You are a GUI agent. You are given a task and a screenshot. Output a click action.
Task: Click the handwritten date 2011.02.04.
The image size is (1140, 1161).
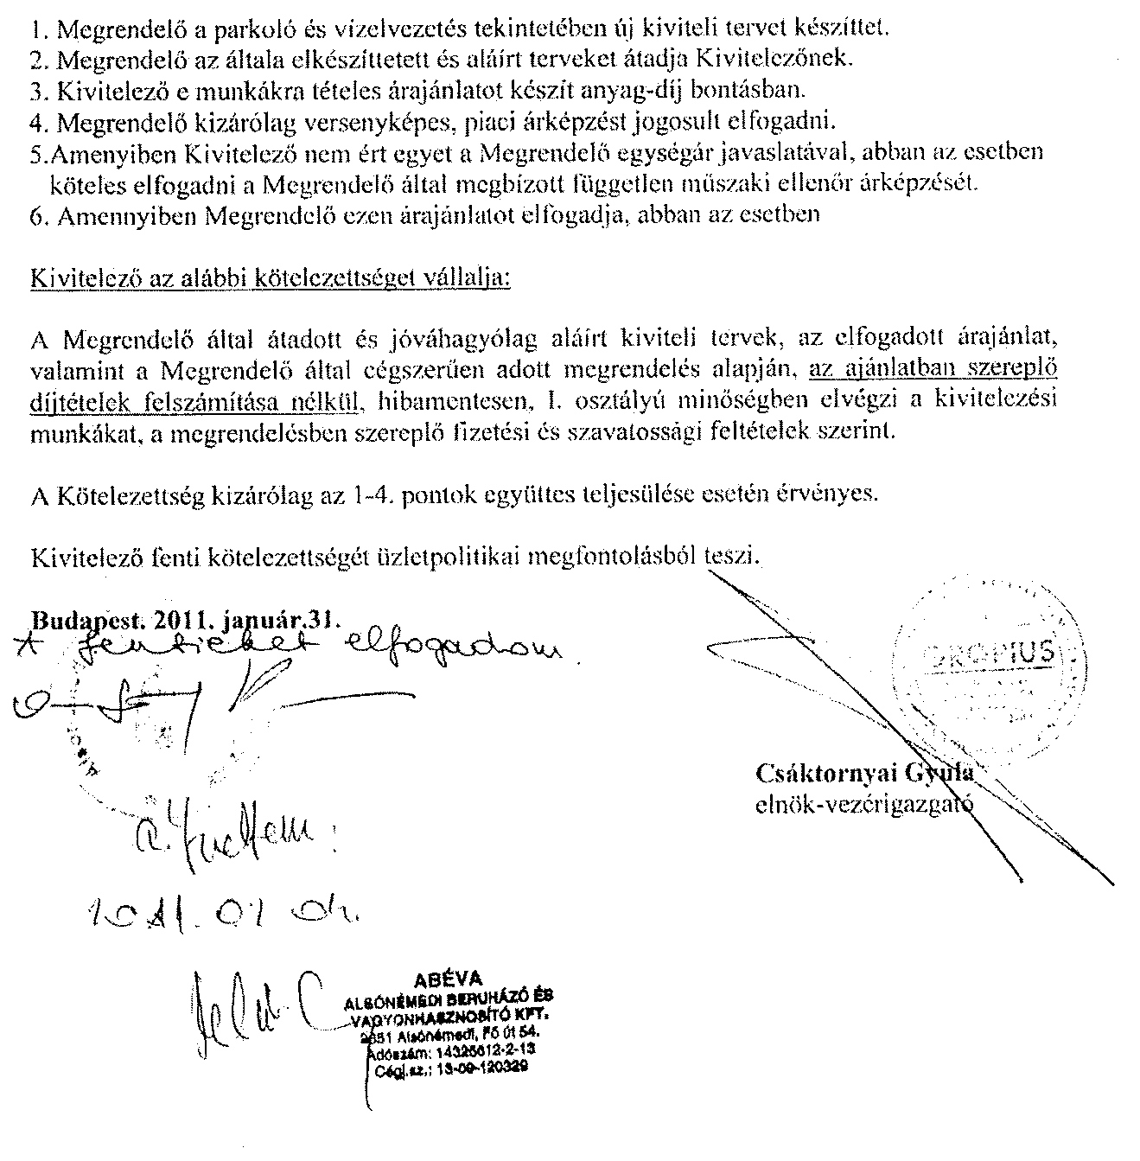click(x=225, y=910)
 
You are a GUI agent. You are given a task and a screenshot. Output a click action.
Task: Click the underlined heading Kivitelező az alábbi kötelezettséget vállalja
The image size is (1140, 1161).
click(x=270, y=280)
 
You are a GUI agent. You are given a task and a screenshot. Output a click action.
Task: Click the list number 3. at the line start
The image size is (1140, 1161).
click(x=35, y=90)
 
